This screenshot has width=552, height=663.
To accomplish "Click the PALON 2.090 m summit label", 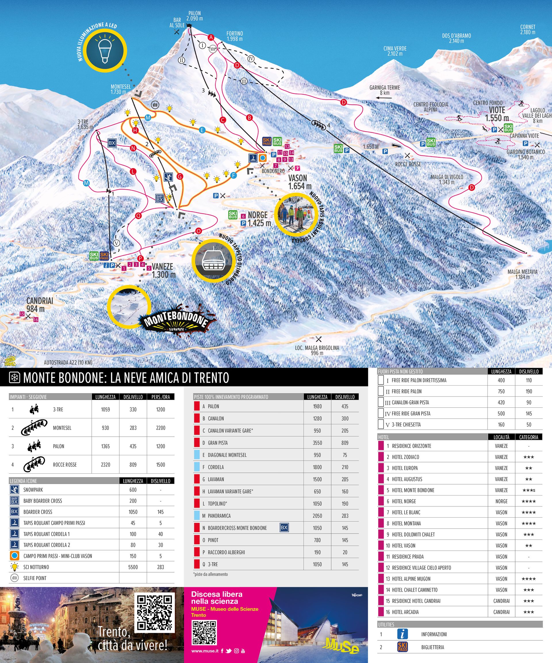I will tap(194, 16).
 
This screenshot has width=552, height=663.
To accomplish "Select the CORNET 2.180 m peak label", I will tap(528, 29).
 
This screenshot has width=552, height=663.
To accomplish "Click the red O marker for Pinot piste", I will tap(198, 231).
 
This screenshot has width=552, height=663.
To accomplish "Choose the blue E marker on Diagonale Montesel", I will tap(202, 130).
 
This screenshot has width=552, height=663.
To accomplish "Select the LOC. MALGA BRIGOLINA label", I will tap(317, 350).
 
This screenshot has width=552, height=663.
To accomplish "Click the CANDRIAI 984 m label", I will tap(39, 305).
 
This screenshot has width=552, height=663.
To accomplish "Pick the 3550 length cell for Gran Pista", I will tap(317, 443).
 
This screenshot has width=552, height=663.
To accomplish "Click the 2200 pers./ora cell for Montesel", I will tap(160, 428).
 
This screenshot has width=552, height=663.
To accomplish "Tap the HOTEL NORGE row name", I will tap(404, 501).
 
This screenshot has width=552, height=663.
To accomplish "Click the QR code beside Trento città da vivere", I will tap(155, 612).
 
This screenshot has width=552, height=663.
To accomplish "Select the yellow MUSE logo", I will tap(342, 645).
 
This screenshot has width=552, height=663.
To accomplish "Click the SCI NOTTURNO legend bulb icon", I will tap(14, 567).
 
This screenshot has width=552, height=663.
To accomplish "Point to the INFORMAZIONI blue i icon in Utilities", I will tap(402, 634).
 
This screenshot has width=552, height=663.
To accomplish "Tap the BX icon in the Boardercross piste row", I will tap(284, 527).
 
